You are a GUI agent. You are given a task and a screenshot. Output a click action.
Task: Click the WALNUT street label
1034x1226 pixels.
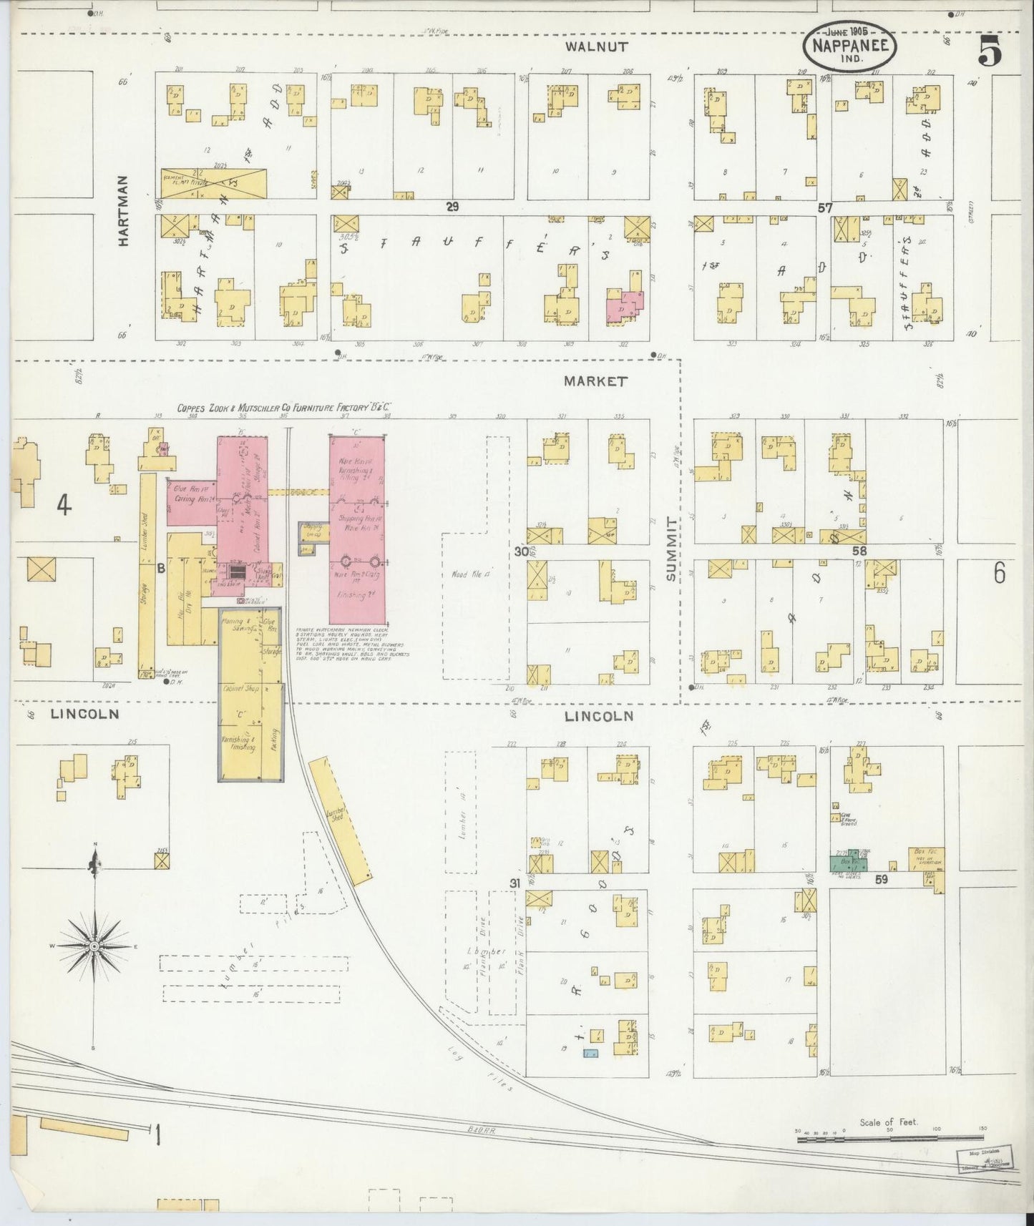595,47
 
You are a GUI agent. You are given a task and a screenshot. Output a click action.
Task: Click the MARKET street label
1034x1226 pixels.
595,381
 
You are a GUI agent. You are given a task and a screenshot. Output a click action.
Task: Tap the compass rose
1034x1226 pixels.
94,945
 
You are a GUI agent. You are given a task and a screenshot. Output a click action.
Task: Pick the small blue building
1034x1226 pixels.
590,1053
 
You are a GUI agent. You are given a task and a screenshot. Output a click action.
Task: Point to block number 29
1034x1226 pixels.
452,207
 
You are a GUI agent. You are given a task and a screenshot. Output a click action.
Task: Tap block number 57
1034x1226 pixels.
825,207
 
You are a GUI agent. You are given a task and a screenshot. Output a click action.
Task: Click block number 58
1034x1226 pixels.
859,551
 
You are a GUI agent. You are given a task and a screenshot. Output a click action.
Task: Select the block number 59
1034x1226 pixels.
880,879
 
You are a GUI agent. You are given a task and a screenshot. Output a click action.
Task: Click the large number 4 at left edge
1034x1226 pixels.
64,506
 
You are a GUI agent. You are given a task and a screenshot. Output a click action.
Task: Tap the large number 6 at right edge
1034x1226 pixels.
998,573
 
